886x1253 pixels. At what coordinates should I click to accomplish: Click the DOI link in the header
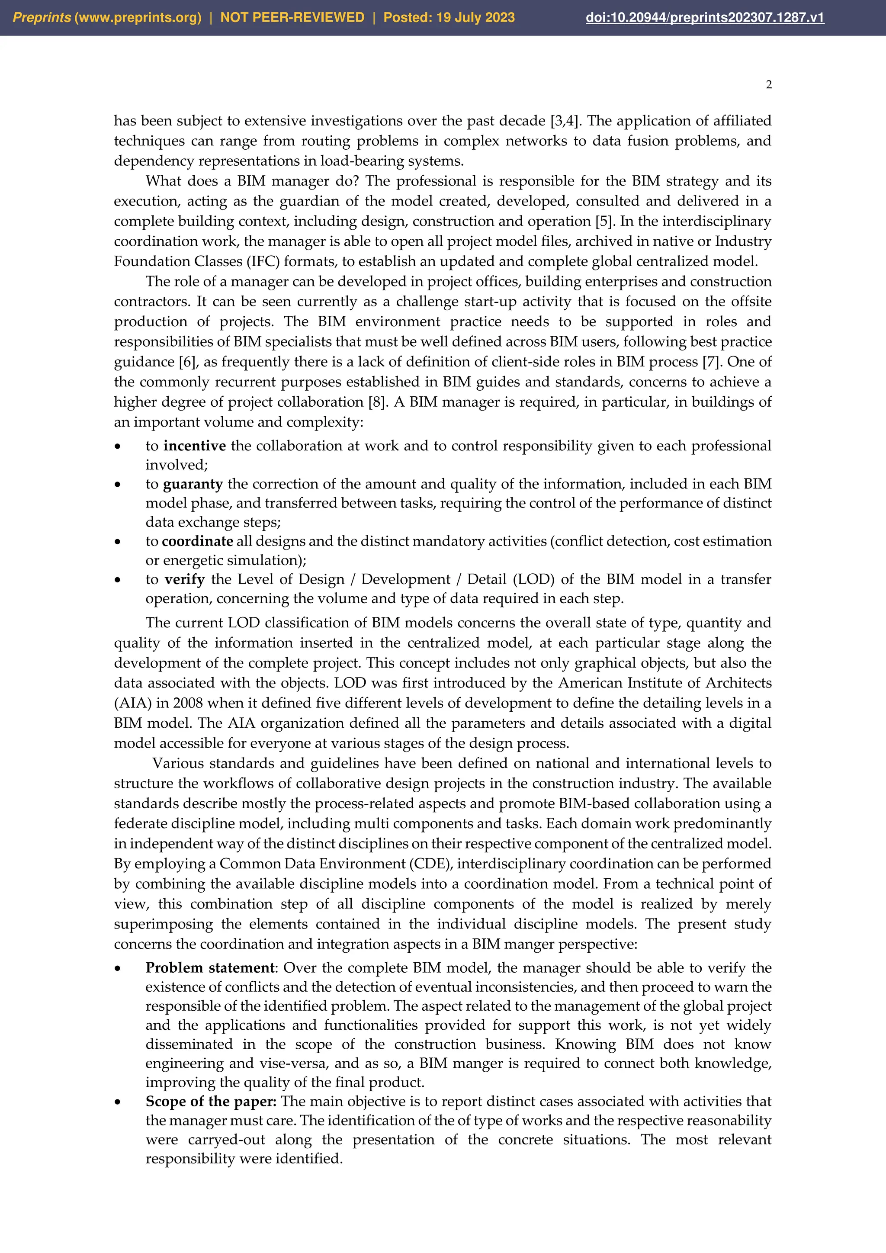point(704,17)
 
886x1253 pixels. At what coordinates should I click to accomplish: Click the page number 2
point(769,85)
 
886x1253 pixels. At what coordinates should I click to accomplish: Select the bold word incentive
point(194,446)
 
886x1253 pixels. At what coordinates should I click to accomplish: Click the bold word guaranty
point(193,484)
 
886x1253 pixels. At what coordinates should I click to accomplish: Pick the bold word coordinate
point(198,541)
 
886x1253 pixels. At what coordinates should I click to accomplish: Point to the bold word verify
point(184,580)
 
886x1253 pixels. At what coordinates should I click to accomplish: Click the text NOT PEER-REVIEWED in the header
point(292,17)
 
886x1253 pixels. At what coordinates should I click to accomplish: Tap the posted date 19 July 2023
point(475,17)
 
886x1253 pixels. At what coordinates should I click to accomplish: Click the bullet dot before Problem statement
point(117,969)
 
